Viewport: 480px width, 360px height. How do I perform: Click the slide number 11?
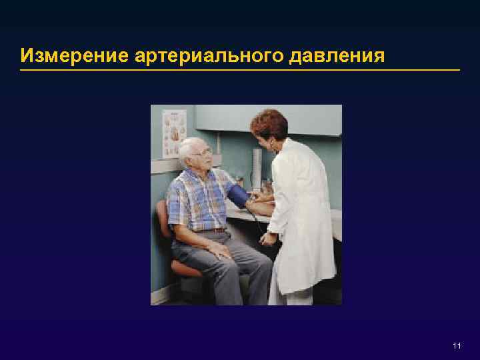point(457,345)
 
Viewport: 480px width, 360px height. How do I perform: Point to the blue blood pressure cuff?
point(238,195)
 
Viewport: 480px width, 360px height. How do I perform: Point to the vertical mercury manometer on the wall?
point(257,167)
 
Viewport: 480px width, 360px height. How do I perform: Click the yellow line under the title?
point(240,69)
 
